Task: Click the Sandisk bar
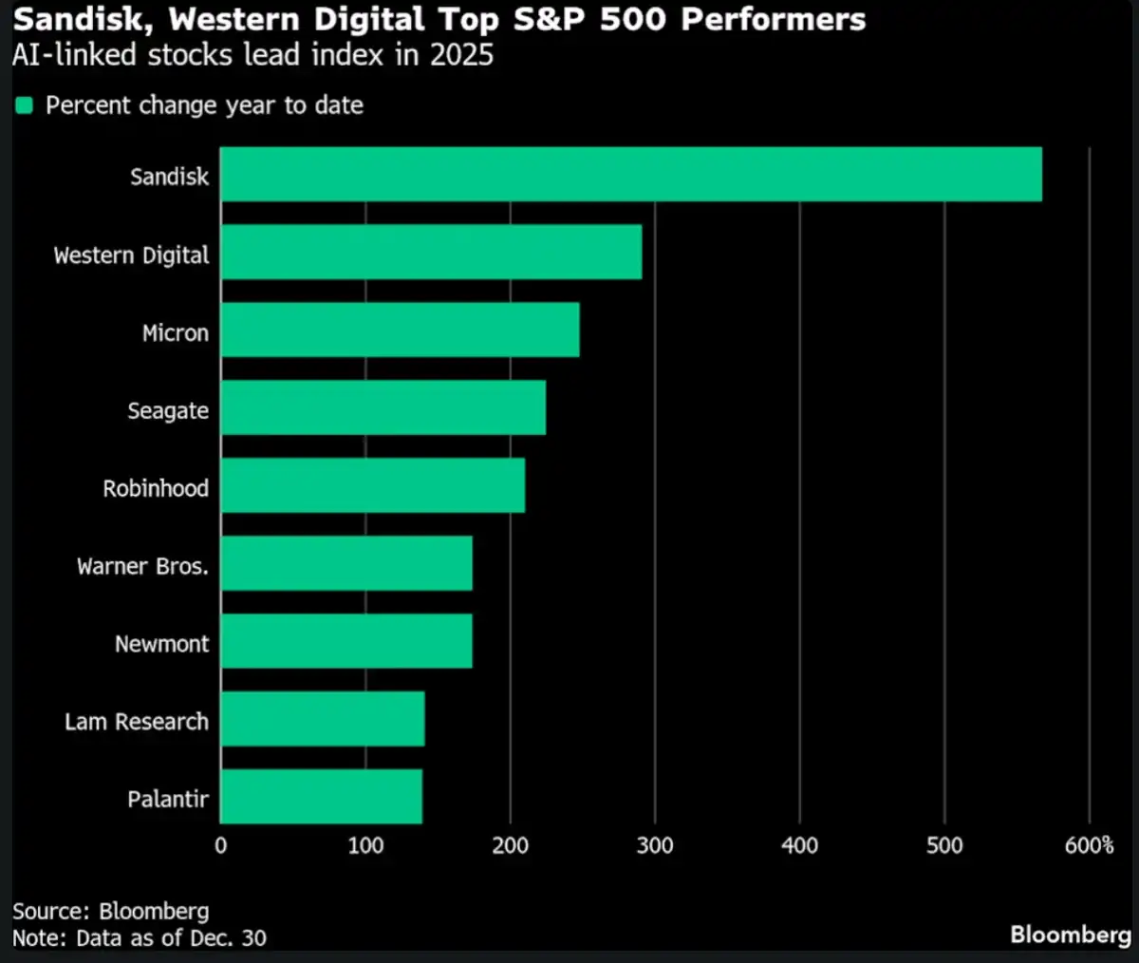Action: pos(631,175)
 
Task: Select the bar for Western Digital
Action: pos(431,253)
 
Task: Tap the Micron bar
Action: pos(400,330)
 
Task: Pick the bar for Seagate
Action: pos(383,408)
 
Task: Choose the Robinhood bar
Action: pos(373,486)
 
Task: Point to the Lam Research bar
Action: pos(323,719)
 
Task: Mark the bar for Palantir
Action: pos(322,797)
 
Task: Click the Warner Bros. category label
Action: pos(142,567)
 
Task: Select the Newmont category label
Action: pos(161,644)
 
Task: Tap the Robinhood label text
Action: pos(156,489)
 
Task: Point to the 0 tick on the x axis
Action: pos(221,845)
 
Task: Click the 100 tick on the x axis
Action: pos(365,845)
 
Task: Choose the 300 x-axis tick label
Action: pos(655,845)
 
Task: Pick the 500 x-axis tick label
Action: pos(944,845)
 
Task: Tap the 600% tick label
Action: pos(1089,845)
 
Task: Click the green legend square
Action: pos(25,105)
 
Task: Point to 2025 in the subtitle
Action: pos(461,54)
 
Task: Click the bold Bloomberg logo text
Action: pos(1070,935)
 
